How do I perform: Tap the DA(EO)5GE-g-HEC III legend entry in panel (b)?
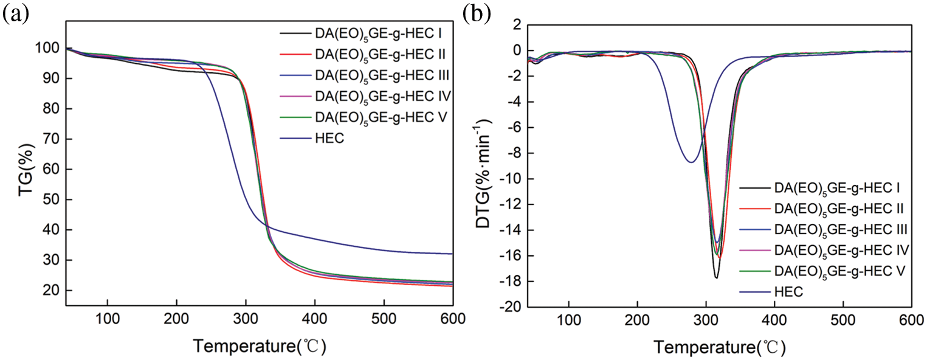pos(842,229)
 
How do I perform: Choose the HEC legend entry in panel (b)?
pos(789,292)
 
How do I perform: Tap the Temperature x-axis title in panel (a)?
pos(260,347)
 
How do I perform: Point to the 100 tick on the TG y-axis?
pos(49,49)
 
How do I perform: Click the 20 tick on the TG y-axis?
pos(52,291)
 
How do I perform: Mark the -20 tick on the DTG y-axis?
pos(508,307)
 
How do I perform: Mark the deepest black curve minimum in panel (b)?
pos(717,278)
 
